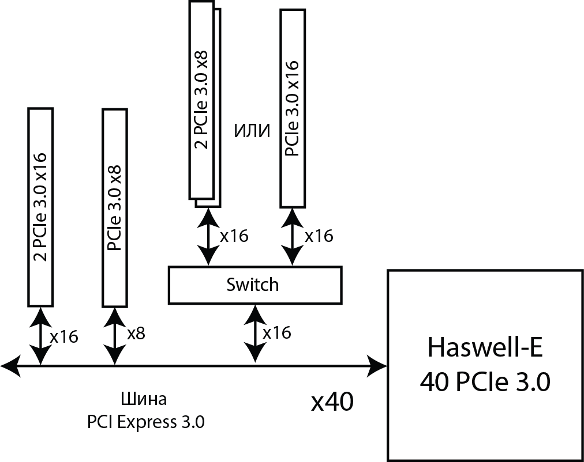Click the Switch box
[x=254, y=285]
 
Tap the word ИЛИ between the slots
[x=252, y=131]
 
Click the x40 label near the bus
[x=332, y=403]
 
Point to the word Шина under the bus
[x=146, y=400]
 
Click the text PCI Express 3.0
[x=146, y=422]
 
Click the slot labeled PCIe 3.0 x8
[x=114, y=207]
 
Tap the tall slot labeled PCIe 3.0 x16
[x=293, y=108]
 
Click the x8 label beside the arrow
[x=136, y=334]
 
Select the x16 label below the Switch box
[x=276, y=333]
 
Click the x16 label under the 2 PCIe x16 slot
[x=64, y=336]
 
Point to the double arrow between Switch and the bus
[x=255, y=334]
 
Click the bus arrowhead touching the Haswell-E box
[x=377, y=365]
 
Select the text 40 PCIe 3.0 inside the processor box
[x=485, y=381]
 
